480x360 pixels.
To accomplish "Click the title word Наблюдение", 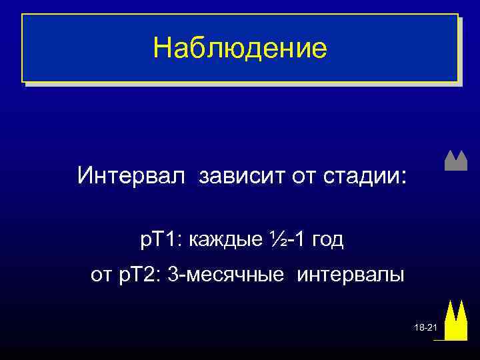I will click(240, 49).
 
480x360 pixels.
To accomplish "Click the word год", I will click(326, 239).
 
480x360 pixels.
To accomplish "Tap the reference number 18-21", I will click(424, 329).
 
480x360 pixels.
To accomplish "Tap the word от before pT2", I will click(101, 274).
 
